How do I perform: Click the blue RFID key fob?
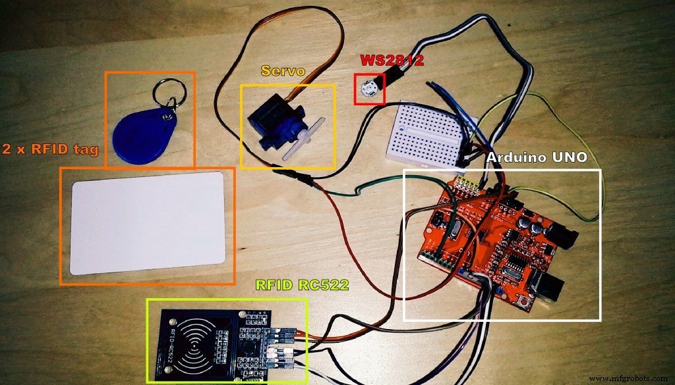pyautogui.click(x=139, y=134)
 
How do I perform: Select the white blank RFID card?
pyautogui.click(x=149, y=224)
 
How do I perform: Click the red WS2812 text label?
pyautogui.click(x=392, y=60)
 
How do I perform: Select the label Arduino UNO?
pyautogui.click(x=533, y=159)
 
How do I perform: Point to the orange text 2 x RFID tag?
pyautogui.click(x=50, y=150)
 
